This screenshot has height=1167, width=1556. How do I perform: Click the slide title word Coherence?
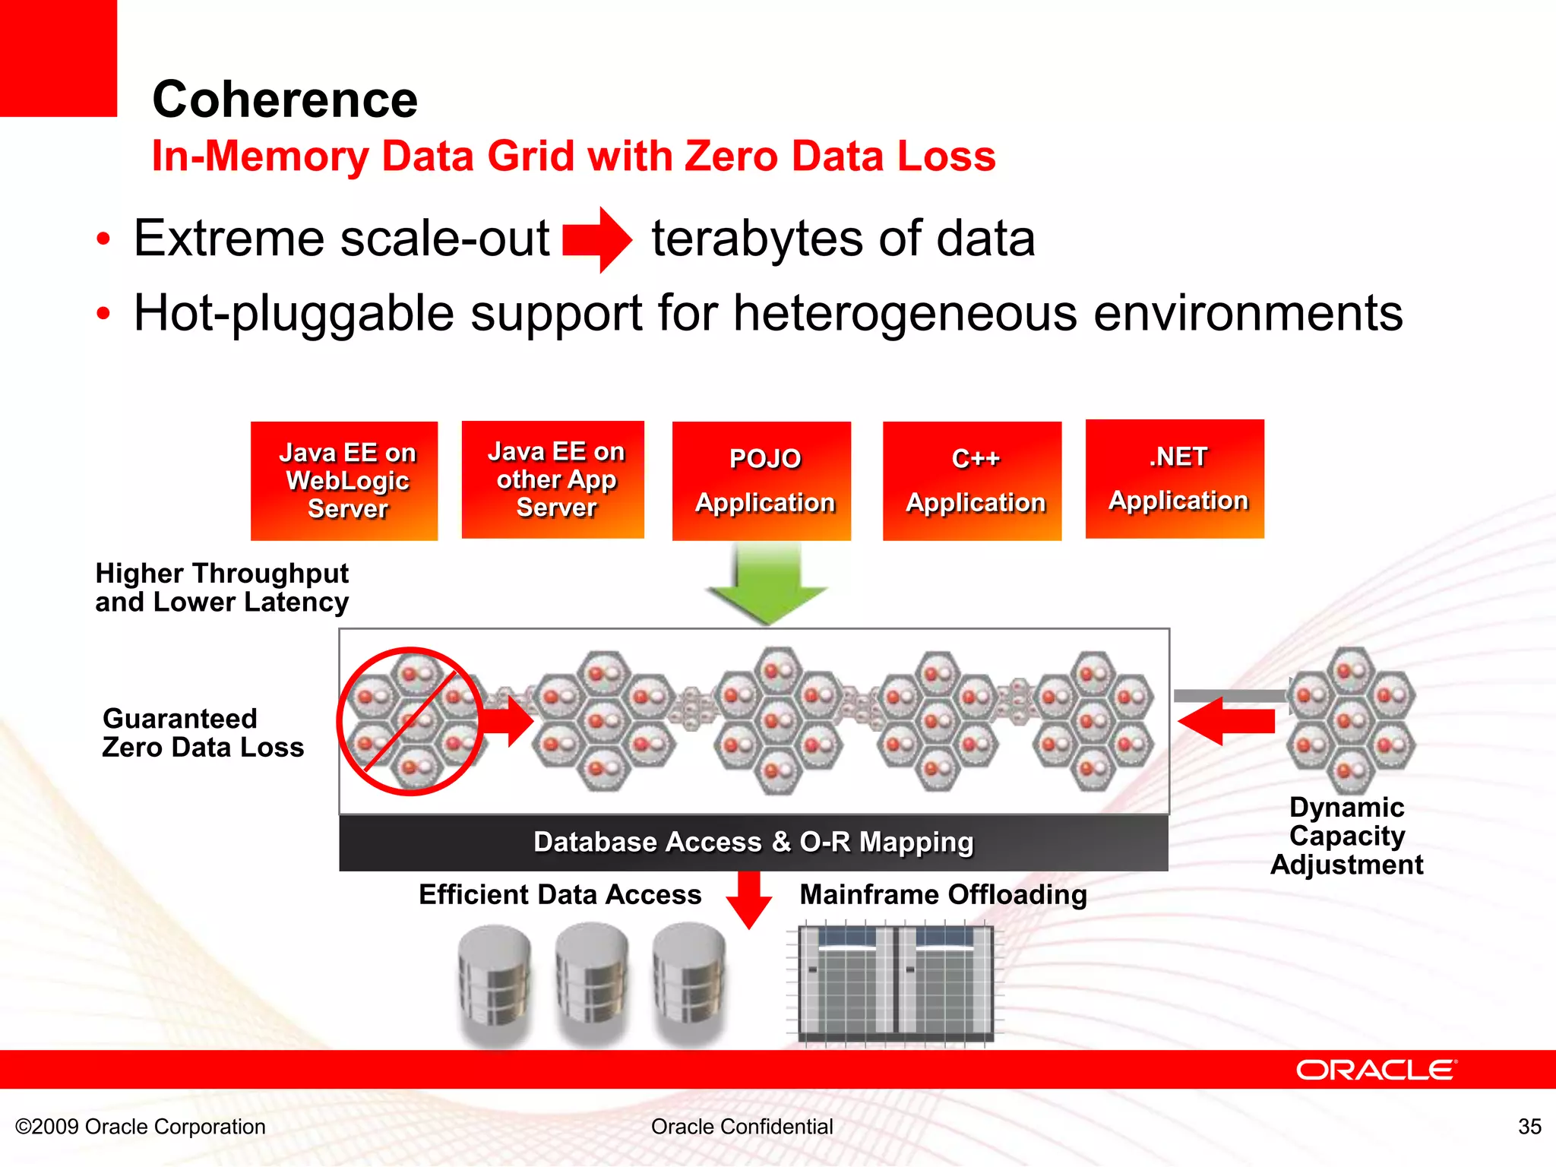(x=285, y=100)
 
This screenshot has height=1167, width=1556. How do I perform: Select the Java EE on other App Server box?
(x=553, y=479)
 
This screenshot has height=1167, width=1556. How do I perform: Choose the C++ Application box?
(x=972, y=481)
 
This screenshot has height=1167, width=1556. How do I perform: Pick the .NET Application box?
(x=1175, y=479)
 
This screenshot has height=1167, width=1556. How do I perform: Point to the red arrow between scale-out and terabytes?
(x=597, y=239)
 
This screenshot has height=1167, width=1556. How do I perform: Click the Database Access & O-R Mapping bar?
(x=753, y=843)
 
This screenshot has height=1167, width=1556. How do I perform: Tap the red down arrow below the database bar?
(x=749, y=899)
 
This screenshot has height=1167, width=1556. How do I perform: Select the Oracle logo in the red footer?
(x=1376, y=1070)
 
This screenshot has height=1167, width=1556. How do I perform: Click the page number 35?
(x=1529, y=1126)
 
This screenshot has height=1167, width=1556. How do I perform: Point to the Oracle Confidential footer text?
(x=742, y=1126)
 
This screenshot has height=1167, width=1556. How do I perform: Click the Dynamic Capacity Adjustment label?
(x=1347, y=836)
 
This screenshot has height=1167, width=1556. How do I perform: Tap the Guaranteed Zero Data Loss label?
(x=203, y=733)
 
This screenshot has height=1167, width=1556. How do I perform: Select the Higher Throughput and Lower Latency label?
(x=222, y=587)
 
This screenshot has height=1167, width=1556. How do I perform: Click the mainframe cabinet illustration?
(x=896, y=983)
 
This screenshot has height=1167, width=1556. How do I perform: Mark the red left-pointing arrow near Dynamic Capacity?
(x=1226, y=720)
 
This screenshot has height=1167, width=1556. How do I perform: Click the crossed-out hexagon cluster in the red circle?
(x=410, y=721)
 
